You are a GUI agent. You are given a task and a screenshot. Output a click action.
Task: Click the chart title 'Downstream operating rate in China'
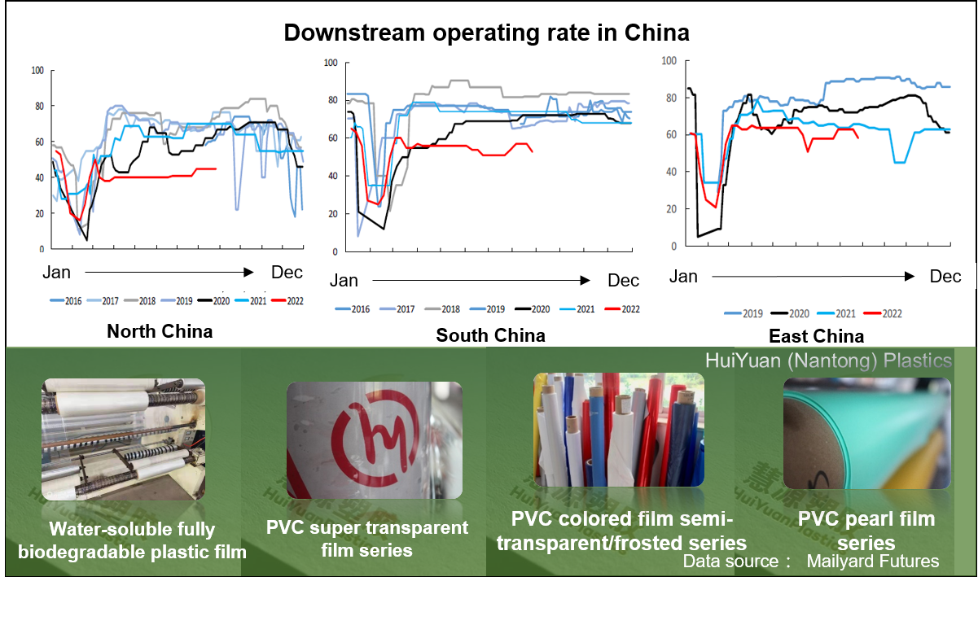coord(486,33)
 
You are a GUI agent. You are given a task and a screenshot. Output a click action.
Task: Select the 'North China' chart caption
coord(160,331)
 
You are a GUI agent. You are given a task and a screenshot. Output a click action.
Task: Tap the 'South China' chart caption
coord(490,335)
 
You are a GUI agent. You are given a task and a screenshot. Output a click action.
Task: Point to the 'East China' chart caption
coord(817,336)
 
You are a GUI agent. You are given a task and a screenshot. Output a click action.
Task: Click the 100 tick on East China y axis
coord(669,61)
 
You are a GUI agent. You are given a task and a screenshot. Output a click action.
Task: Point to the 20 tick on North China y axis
coord(37,213)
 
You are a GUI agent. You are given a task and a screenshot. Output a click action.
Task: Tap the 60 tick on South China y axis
coord(331,138)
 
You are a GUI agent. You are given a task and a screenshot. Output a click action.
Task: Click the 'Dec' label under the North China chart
coord(286,272)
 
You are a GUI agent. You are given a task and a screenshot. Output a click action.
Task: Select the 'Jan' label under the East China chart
coord(683,277)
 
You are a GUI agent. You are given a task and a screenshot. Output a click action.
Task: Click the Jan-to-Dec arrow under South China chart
coord(480,281)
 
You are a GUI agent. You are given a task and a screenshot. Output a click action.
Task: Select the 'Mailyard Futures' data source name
coord(873,561)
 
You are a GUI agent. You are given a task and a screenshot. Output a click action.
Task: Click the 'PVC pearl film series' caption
coord(866,531)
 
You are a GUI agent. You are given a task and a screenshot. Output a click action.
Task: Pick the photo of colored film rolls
coord(619,430)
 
